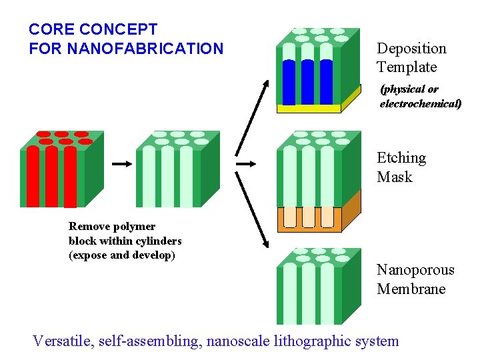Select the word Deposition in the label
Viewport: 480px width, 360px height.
click(411, 48)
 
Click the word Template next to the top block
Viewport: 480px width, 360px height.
click(407, 67)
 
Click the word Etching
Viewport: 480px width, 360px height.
click(401, 158)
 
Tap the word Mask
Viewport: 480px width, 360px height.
click(395, 177)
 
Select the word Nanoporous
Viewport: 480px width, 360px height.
click(415, 270)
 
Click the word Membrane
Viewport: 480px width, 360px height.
click(411, 289)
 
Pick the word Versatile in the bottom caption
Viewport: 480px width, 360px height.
click(63, 341)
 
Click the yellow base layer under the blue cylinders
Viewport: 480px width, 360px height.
click(308, 108)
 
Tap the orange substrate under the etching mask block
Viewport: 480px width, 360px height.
click(351, 210)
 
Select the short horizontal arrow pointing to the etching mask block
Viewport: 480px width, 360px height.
click(247, 163)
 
